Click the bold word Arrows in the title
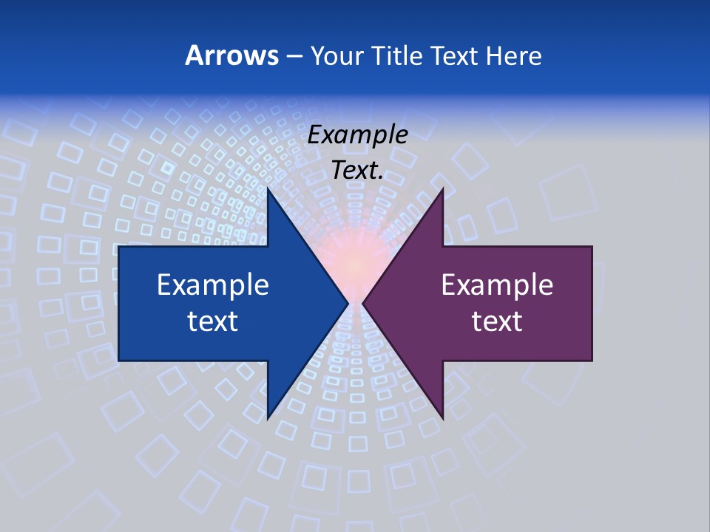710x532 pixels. (231, 55)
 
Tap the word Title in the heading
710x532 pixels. (396, 55)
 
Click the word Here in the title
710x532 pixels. (513, 55)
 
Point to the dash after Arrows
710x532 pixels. (293, 56)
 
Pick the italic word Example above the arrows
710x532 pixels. (357, 134)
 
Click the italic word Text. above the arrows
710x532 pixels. (357, 170)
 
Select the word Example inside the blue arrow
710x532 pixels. (212, 284)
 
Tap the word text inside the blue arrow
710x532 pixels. (212, 321)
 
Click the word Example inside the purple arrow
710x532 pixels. (497, 284)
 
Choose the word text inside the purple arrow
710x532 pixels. (497, 321)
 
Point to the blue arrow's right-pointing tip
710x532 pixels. (347, 303)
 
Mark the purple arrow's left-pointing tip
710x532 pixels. (363, 303)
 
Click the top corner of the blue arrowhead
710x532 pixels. (268, 189)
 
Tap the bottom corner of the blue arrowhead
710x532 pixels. (268, 417)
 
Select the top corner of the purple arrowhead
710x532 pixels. (442, 189)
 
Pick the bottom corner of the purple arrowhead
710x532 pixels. (442, 417)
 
